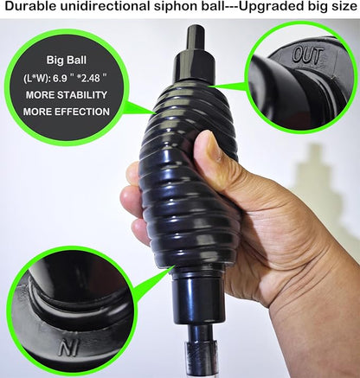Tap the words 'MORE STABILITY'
point(67,94)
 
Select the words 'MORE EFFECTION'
point(67,111)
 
